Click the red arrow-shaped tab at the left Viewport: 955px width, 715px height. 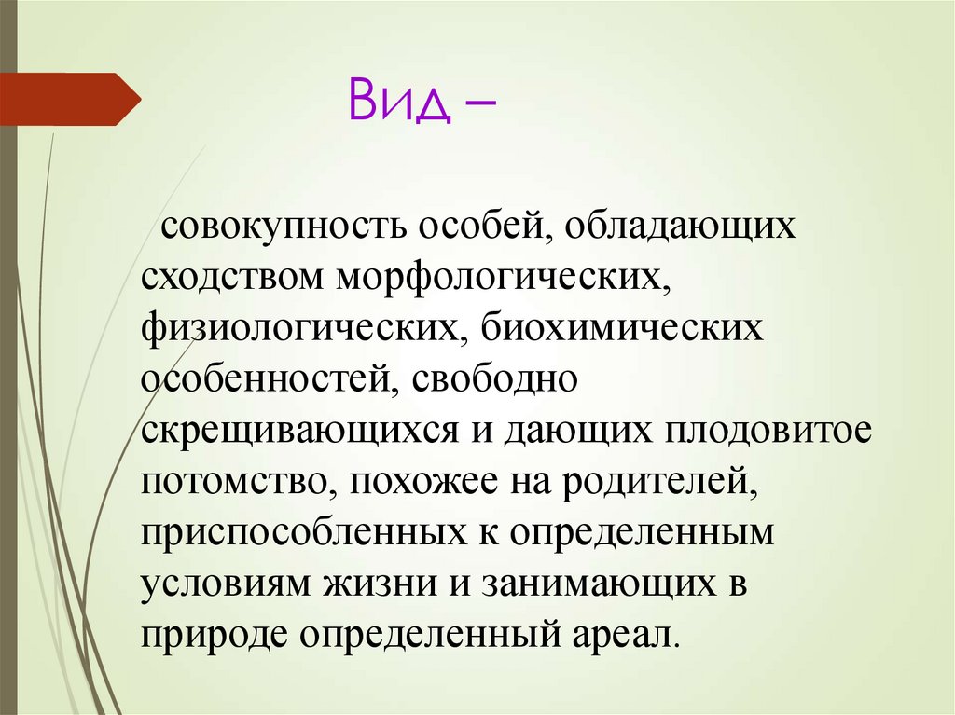click(70, 99)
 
